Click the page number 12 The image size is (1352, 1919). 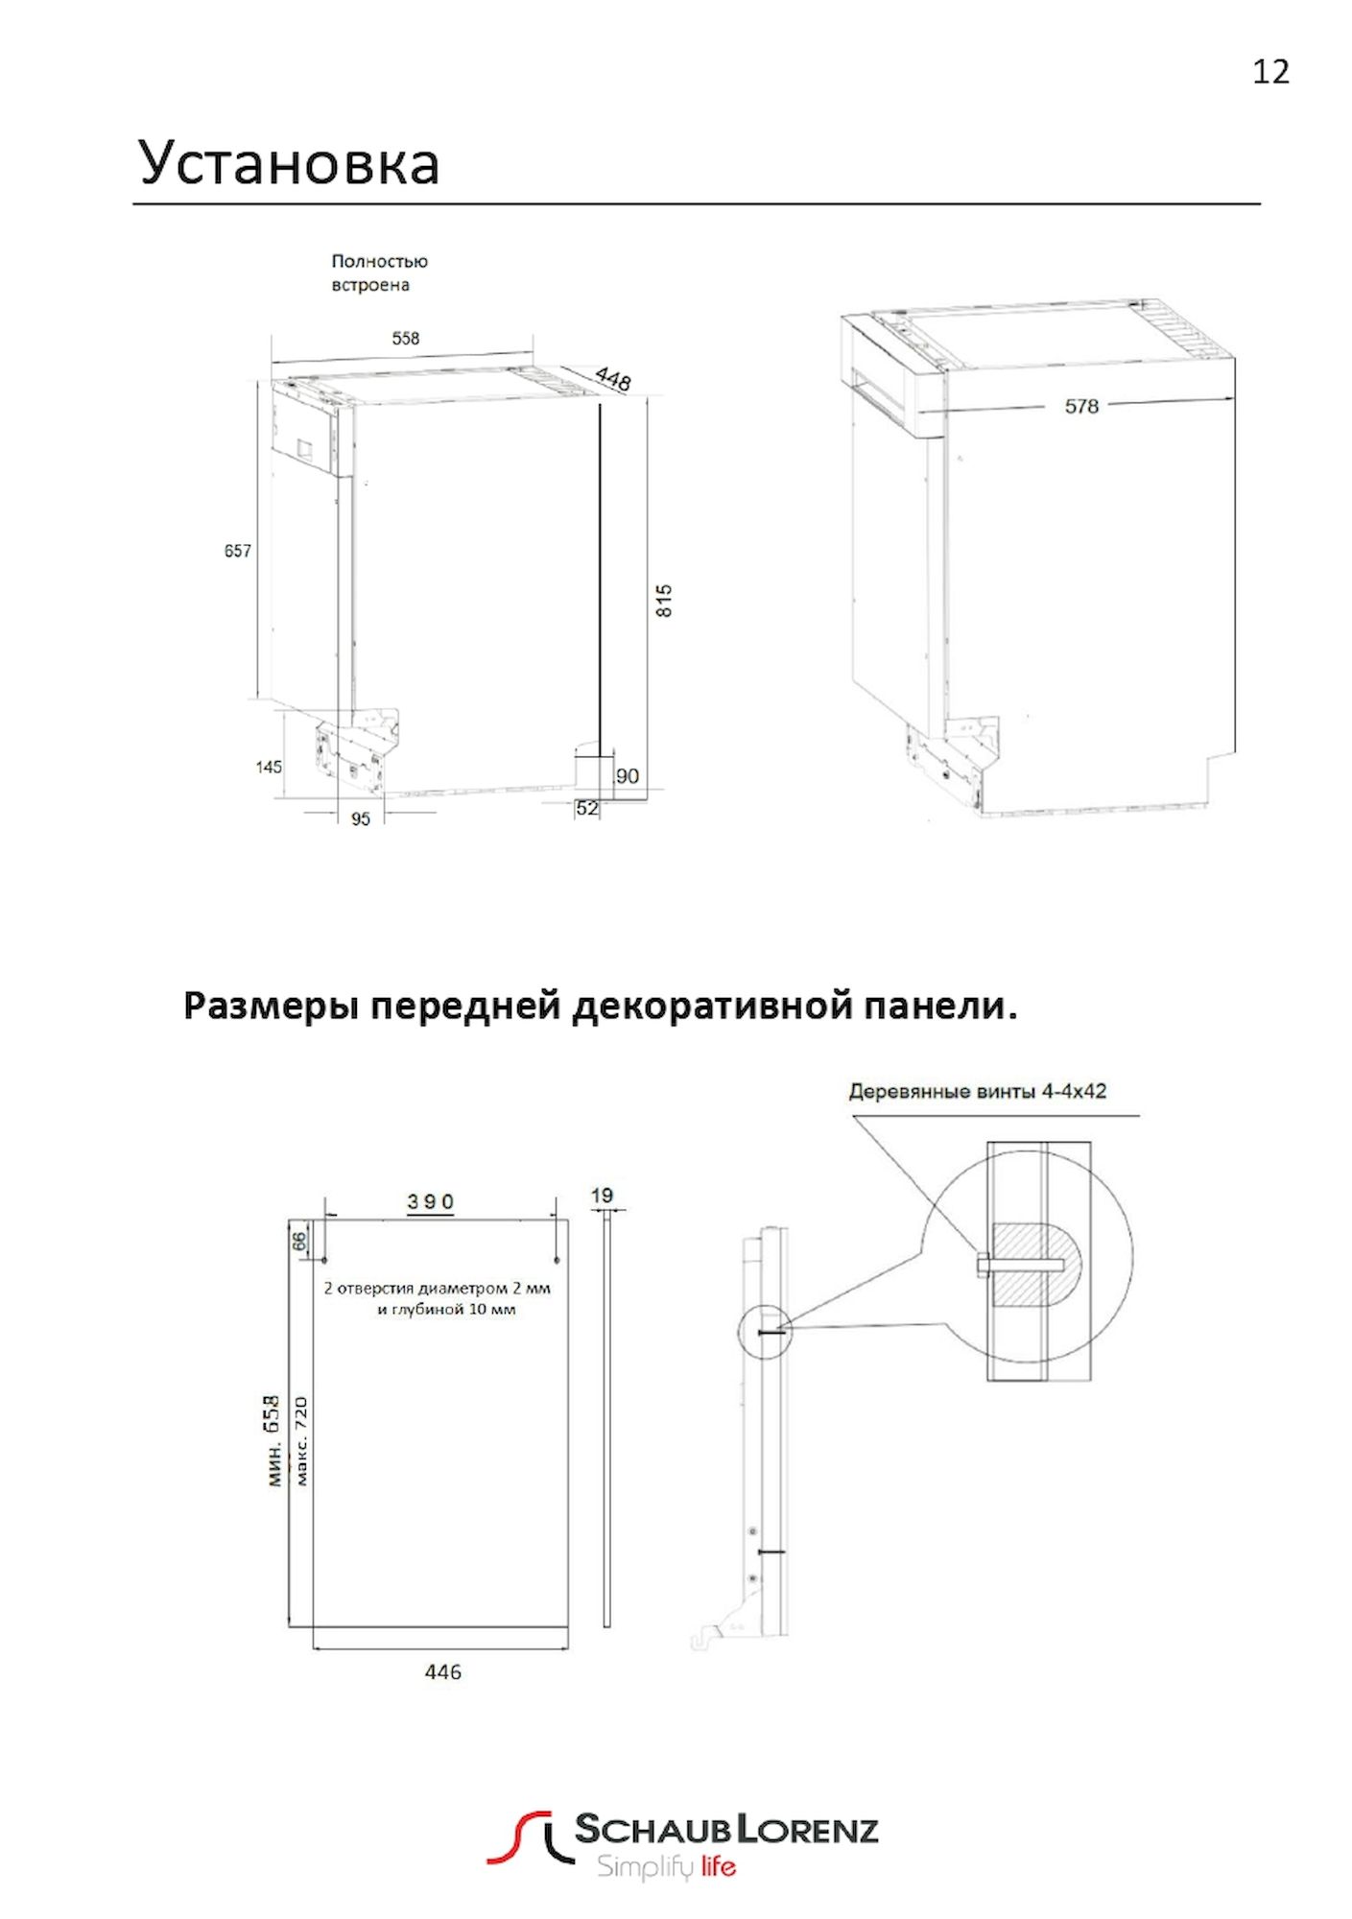coord(1270,72)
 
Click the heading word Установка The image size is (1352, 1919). coord(289,163)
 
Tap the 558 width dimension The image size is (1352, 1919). coord(405,338)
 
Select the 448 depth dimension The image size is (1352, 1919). coord(613,378)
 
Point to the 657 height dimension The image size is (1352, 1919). coord(237,551)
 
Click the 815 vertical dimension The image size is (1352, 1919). coord(664,601)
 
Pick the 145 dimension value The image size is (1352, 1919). coord(269,767)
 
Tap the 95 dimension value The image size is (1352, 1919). coord(361,818)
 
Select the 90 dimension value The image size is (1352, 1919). coord(628,775)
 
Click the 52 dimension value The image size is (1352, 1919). coord(587,808)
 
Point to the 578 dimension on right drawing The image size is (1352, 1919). coord(1081,406)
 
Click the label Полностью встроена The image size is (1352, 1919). coord(379,272)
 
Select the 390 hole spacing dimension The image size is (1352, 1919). coord(430,1201)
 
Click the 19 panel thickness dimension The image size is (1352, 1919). coord(602,1196)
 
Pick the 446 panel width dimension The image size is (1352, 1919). coord(442,1671)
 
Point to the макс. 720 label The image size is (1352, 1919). coord(301,1440)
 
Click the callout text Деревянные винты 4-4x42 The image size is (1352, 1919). coord(978,1091)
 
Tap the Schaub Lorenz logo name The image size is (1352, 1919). coord(726,1829)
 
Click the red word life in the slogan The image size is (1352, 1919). coord(718,1866)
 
